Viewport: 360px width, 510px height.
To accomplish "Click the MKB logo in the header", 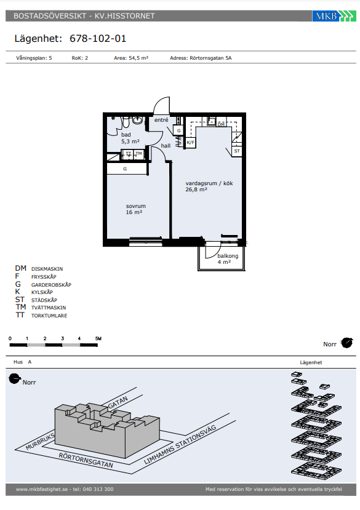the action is (x=334, y=15).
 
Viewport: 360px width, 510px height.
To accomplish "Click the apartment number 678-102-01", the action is (x=98, y=39).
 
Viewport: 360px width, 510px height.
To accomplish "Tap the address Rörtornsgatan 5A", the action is (x=210, y=58).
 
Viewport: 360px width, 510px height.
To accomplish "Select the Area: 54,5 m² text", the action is (x=131, y=58).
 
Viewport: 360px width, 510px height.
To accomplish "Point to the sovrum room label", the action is (x=136, y=206).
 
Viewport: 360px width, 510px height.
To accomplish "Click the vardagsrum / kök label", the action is (x=209, y=183).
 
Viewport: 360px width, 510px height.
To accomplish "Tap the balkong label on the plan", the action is (x=228, y=256).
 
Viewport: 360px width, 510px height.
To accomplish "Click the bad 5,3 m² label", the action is (x=130, y=138).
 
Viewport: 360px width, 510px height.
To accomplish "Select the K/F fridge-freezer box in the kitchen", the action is (x=190, y=143).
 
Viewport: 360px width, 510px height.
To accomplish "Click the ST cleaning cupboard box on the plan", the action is (x=237, y=151).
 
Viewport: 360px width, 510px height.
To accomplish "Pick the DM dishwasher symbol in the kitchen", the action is (x=221, y=124).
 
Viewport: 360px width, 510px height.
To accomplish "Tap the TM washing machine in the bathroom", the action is (x=138, y=154).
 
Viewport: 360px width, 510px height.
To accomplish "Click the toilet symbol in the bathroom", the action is (x=126, y=122).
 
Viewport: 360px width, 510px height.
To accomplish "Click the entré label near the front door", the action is (x=161, y=120).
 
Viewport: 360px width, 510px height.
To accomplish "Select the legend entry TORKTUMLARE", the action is (x=49, y=316).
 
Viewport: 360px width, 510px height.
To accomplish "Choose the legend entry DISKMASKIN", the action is (x=47, y=269).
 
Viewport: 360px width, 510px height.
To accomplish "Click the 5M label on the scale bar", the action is (x=98, y=338).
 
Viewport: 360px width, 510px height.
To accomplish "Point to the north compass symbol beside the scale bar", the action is (x=346, y=343).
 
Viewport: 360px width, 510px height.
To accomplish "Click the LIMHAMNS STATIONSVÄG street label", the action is (x=180, y=444).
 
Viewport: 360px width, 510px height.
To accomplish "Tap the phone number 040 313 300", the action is (x=98, y=489).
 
